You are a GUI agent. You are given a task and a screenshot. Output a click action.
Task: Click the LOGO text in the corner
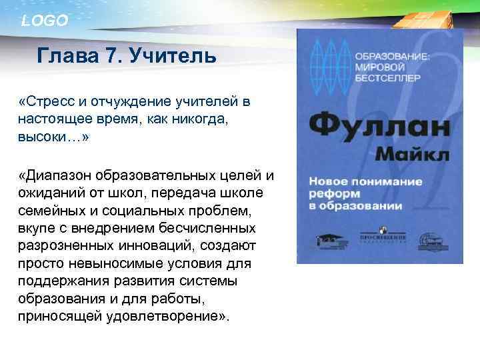(x=45, y=21)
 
